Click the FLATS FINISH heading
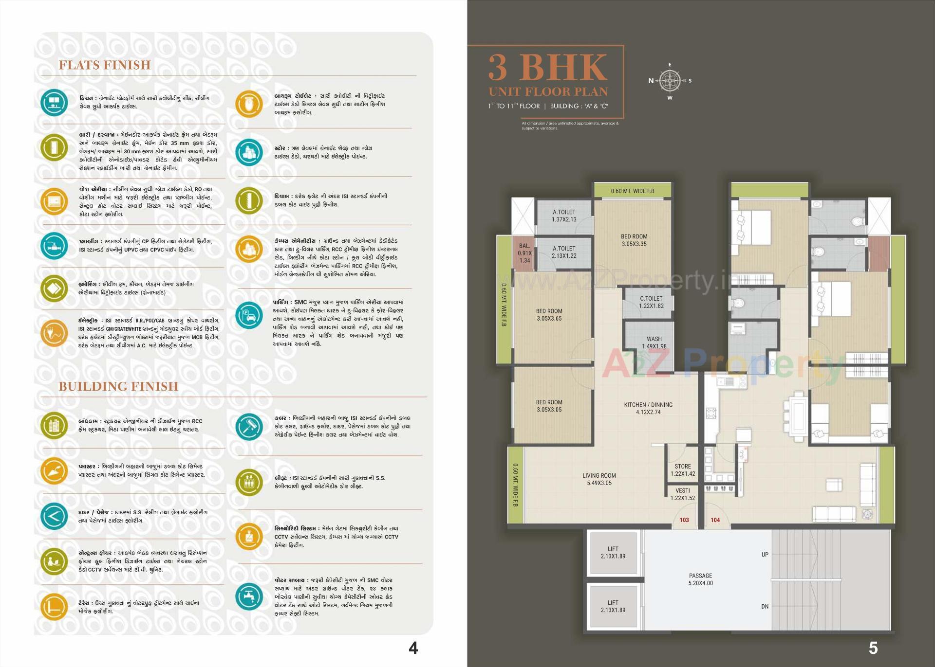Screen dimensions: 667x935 pos(105,65)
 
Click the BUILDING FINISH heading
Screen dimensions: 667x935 pos(118,386)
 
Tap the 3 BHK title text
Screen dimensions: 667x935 pos(548,68)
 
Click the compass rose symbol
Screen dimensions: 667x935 pos(670,81)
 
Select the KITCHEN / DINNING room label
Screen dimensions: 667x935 pos(648,408)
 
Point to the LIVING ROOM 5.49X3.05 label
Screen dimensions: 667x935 pos(599,479)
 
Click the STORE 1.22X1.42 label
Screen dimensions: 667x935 pos(683,470)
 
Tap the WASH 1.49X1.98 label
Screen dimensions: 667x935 pos(654,343)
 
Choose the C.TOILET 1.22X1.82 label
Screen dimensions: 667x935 pos(651,302)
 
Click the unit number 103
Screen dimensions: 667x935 pos(684,520)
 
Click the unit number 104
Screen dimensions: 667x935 pos(715,520)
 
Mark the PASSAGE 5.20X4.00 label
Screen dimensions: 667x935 pos(700,579)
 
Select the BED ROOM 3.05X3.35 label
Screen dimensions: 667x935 pos(634,240)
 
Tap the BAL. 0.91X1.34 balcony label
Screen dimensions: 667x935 pos(524,253)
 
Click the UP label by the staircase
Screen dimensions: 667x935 pos(765,555)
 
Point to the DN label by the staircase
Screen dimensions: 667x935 pos(765,607)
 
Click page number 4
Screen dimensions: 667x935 pos(413,648)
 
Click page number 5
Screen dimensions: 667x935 pos(873,648)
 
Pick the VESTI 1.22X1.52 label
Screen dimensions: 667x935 pos(683,494)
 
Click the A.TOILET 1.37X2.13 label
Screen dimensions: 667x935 pos(564,216)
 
